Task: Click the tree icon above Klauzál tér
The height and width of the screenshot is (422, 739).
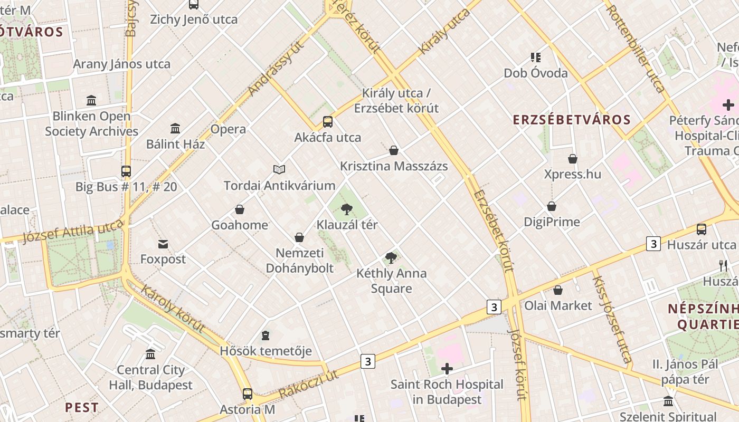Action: pos(346,209)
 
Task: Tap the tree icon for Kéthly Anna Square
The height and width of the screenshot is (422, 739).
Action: pos(391,258)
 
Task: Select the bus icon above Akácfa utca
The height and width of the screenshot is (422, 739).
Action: pos(328,122)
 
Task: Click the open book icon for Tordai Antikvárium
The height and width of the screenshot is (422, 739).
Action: pos(279,169)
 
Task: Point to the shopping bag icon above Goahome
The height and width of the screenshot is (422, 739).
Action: pos(240,209)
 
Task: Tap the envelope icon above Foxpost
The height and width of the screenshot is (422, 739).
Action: pos(163,244)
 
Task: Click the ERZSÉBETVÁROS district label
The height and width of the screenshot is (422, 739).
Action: pos(572,120)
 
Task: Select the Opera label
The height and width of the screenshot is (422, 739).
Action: pos(228,129)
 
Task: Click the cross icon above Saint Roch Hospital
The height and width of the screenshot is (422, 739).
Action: pos(447,369)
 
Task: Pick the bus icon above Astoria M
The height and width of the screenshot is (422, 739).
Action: pos(247,394)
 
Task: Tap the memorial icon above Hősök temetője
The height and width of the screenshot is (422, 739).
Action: pos(266,335)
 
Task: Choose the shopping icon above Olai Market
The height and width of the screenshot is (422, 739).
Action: pos(558,290)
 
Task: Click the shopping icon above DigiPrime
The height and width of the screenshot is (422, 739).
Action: pos(552,206)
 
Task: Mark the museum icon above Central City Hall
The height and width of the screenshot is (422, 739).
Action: pos(150,354)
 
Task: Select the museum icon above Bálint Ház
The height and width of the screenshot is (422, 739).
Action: pos(175,128)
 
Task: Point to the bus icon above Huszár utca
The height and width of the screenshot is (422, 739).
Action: pos(701,229)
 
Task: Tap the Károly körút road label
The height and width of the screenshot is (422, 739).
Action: pos(173,310)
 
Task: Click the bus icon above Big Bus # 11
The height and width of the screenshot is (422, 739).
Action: pos(126,171)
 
